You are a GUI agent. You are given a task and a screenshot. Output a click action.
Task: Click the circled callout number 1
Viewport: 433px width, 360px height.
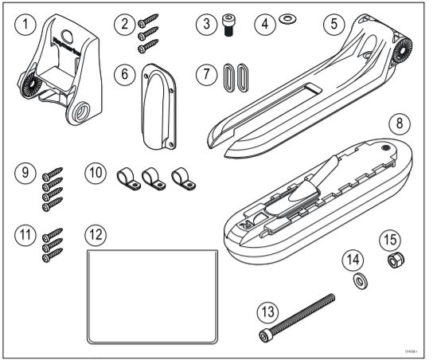point(26,25)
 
